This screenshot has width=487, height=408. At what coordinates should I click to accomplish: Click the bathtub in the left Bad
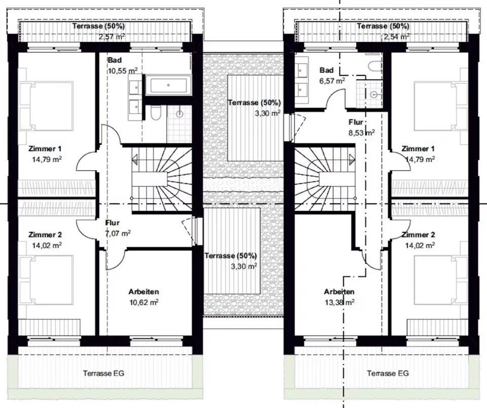pos(168,85)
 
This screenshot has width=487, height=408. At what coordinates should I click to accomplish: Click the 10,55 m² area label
pos(123,71)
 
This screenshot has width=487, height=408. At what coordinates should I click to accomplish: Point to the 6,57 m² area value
pos(332,81)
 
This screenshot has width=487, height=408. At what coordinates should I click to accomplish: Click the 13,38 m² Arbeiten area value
pos(340,302)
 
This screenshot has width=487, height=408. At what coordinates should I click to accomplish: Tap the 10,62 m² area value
pos(144,302)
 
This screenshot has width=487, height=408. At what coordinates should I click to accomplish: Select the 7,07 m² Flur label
pos(118,233)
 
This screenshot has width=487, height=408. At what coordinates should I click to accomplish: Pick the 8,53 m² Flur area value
pos(362,132)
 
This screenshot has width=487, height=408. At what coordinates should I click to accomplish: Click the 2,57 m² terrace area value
pos(112,37)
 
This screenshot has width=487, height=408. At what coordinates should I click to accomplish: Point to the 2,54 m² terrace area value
pos(396,37)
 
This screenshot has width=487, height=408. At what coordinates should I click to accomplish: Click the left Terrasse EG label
pos(103,373)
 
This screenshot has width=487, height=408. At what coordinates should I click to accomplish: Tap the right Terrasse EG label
pos(388,373)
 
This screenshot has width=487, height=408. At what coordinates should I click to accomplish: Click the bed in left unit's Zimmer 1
pos(46,106)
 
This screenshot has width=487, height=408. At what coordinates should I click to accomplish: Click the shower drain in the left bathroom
pos(180,114)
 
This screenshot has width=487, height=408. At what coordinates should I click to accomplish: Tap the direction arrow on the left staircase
pos(135,160)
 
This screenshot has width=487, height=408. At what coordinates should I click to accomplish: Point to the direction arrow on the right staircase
pos(352,160)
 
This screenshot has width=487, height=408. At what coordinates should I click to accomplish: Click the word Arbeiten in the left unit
pos(144,292)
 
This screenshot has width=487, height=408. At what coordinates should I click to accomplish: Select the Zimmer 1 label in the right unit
pos(418,149)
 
